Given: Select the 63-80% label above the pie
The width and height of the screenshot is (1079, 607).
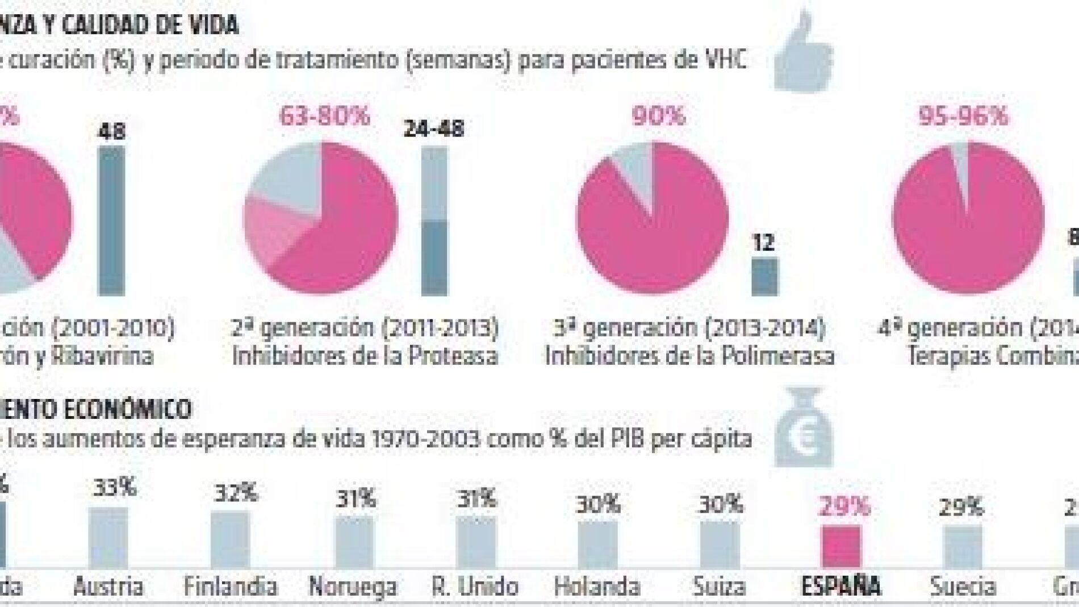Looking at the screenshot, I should [x=324, y=117].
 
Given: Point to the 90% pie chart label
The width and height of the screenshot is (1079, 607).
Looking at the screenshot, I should [x=658, y=116].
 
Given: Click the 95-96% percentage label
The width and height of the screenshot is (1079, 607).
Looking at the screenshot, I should [x=964, y=116].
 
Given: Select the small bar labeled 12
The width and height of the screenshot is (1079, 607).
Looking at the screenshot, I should [x=764, y=277].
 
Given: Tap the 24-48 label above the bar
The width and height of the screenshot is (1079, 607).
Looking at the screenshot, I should [x=434, y=128].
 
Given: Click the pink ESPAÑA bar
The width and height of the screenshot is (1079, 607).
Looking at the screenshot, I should [x=842, y=547].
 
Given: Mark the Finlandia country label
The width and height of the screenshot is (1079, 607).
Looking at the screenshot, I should [x=231, y=587].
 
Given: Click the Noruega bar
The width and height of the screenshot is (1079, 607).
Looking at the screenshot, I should [x=354, y=542].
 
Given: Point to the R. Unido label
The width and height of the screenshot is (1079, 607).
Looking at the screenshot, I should [x=475, y=587].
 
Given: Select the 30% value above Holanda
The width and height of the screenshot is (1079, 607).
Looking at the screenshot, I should [x=598, y=504].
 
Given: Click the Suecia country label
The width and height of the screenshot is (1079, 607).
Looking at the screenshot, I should [x=963, y=587].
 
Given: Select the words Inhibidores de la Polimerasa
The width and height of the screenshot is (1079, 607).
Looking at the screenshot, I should [x=689, y=356].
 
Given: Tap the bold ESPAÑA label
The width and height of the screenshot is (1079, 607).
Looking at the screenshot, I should [x=841, y=587].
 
